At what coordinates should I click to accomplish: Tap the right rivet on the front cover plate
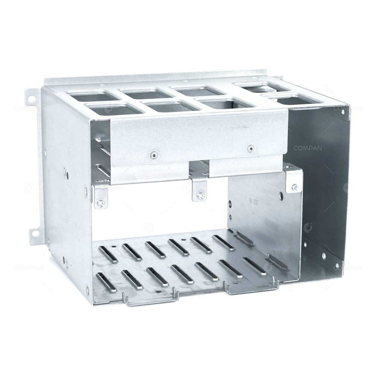[249, 149]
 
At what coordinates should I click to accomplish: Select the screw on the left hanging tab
[100, 203]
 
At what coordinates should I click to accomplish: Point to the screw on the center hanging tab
[200, 195]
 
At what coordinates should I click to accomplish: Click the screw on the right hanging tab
[294, 187]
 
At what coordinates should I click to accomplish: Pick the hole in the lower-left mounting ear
[34, 233]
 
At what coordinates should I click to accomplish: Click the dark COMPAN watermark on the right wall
[308, 148]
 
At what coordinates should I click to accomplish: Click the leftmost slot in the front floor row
[103, 281]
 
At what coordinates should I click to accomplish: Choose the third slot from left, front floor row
[158, 276]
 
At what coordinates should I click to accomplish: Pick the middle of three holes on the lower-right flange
[324, 257]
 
